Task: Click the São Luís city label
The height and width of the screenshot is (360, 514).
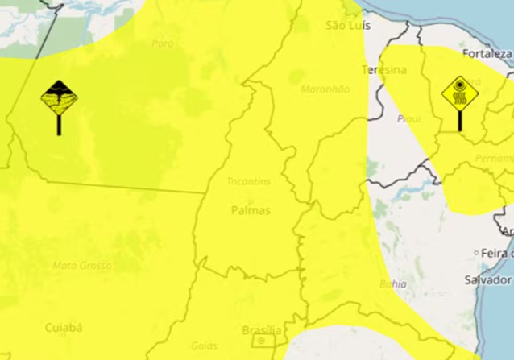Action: pos(348,26)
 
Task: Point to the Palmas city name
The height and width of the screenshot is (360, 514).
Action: pos(251,210)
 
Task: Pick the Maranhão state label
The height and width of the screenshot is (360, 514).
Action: pos(325,89)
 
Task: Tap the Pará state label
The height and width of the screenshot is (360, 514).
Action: pos(162,43)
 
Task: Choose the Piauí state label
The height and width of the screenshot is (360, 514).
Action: pos(409,118)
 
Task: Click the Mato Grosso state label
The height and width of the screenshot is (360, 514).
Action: pos(82,265)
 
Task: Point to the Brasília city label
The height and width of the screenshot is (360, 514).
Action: pos(262,330)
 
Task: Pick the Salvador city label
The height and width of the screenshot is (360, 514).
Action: pos(487,279)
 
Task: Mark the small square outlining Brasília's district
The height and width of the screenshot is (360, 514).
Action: pos(260,341)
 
